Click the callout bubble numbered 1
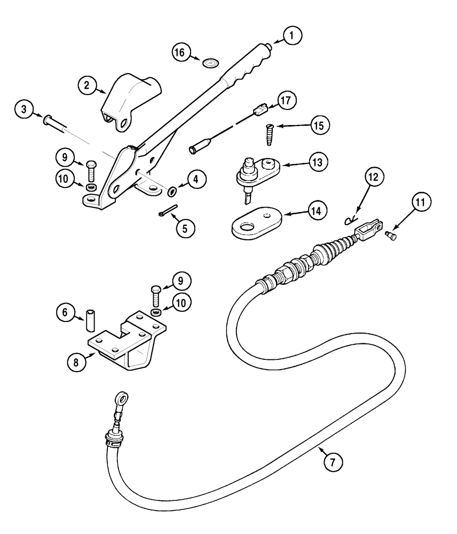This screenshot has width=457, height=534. [291, 36]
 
